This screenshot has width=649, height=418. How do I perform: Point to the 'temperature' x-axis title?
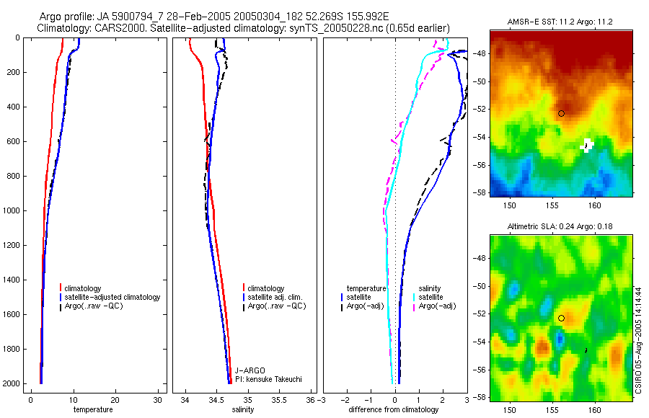pyautogui.click(x=93, y=410)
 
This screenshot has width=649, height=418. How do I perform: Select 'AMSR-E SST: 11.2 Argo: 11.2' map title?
pyautogui.click(x=560, y=22)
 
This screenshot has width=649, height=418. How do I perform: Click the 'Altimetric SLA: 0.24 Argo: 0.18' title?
pyautogui.click(x=560, y=226)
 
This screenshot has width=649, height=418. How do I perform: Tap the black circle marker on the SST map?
pyautogui.click(x=561, y=113)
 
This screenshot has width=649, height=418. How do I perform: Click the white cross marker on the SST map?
pyautogui.click(x=587, y=145)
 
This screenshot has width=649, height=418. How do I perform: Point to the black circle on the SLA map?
pyautogui.click(x=561, y=318)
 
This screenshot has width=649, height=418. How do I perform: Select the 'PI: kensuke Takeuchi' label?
pyautogui.click(x=268, y=379)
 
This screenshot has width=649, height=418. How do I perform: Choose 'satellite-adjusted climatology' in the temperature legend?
pyautogui.click(x=112, y=297)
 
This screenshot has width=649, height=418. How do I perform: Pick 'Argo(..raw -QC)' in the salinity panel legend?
pyautogui.click(x=277, y=306)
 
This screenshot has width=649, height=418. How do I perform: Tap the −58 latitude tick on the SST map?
pyautogui.click(x=481, y=192)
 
